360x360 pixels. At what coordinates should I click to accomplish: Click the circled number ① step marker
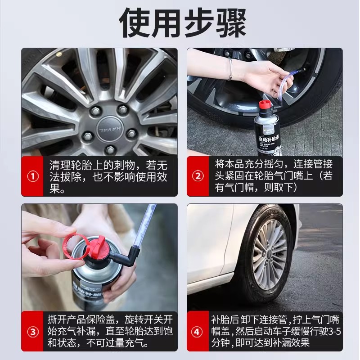coord(32,176)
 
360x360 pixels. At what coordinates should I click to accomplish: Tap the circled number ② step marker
coord(198,176)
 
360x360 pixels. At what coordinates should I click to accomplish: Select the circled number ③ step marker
coord(32,332)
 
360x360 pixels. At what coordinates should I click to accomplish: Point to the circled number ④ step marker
coord(197,332)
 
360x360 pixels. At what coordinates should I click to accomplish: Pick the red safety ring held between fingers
coord(75,244)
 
